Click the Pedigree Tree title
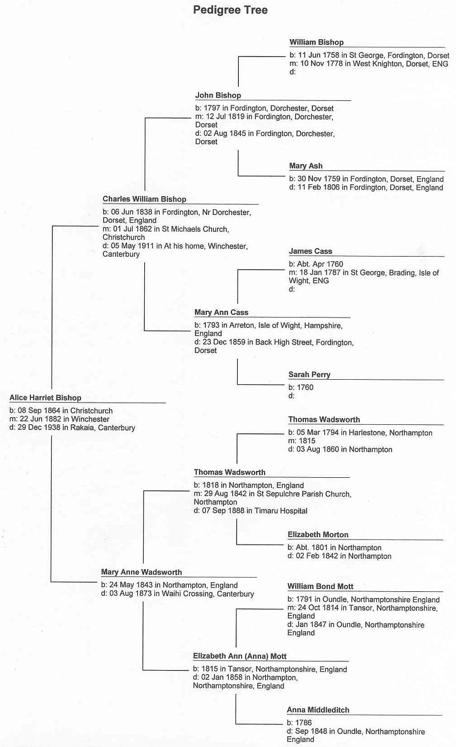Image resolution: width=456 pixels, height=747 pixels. pyautogui.click(x=230, y=10)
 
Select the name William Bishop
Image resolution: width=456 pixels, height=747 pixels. pyautogui.click(x=316, y=42)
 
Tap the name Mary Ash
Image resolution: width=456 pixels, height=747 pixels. pyautogui.click(x=306, y=166)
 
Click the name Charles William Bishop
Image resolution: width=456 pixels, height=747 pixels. pyautogui.click(x=144, y=199)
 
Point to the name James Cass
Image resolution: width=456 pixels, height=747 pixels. pyautogui.click(x=310, y=251)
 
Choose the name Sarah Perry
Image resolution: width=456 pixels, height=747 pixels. pyautogui.click(x=310, y=375)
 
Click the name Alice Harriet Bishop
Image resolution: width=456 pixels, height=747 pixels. pyautogui.click(x=46, y=397)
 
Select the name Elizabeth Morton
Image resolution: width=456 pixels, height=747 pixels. pyautogui.click(x=318, y=534)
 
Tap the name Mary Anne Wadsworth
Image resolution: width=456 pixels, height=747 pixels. pyautogui.click(x=141, y=573)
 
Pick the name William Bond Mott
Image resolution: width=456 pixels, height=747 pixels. pyautogui.click(x=320, y=587)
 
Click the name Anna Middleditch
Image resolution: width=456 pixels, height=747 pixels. pyautogui.click(x=318, y=710)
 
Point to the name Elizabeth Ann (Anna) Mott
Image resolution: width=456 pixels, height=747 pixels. pyautogui.click(x=239, y=656)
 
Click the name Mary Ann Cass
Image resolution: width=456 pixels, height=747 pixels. pyautogui.click(x=221, y=312)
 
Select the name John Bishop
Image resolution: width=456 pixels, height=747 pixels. pyautogui.click(x=218, y=95)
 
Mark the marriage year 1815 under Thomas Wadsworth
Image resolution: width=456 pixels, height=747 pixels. pyautogui.click(x=307, y=441)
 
